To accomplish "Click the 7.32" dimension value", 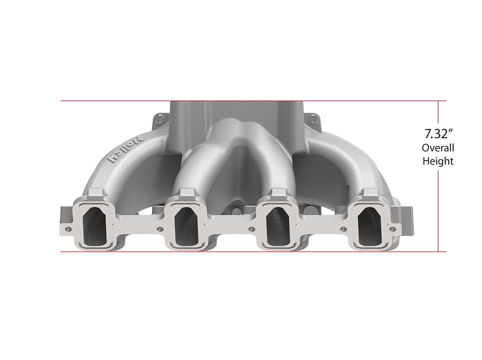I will (438, 135).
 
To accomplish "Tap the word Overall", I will (438, 148).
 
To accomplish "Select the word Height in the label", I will (438, 161).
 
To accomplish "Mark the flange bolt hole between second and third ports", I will (252, 229).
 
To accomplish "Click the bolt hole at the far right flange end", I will (393, 228).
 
